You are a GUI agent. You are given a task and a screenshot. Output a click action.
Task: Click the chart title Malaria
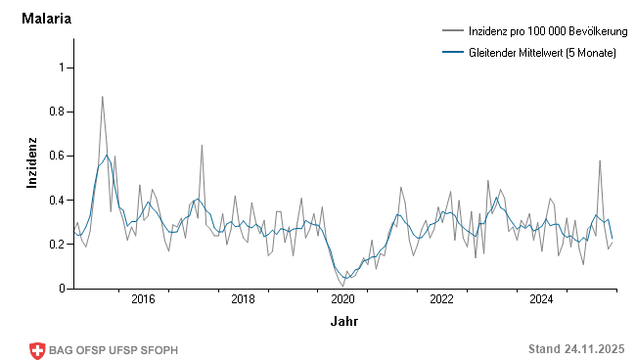(x=46, y=19)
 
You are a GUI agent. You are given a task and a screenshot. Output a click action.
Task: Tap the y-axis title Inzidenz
(x=32, y=162)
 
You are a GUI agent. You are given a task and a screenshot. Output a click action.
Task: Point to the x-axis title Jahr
(x=343, y=321)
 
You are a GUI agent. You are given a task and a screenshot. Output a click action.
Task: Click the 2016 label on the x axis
(x=143, y=299)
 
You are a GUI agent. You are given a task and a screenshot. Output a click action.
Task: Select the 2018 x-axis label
(x=243, y=299)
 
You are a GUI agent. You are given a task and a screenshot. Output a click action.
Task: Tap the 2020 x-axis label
(x=342, y=299)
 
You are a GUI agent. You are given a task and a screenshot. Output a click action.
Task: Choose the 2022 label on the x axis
(x=442, y=299)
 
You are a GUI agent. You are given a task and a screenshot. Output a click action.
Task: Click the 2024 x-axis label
(x=541, y=299)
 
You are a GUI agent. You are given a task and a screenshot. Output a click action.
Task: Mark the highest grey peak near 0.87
(x=103, y=97)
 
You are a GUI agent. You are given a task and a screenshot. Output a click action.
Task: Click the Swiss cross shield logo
(x=38, y=350)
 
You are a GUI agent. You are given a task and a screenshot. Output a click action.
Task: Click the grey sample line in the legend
(x=452, y=33)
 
